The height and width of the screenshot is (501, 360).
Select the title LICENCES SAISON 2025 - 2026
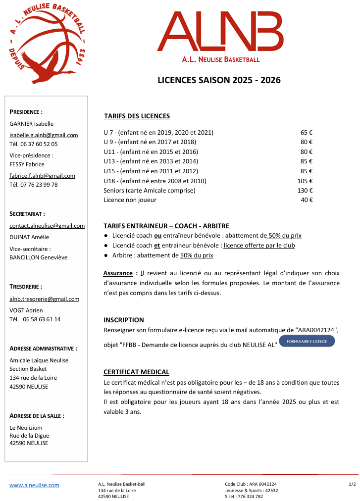click(x=219, y=80)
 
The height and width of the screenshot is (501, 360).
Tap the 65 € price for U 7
click(x=307, y=133)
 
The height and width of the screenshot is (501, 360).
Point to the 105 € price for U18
click(x=305, y=181)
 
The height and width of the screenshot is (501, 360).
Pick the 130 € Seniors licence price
click(x=305, y=191)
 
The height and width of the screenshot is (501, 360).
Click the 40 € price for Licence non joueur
click(x=307, y=200)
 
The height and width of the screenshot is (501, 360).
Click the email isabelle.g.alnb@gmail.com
click(x=44, y=135)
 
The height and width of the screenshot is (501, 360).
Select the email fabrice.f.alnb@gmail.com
click(x=42, y=176)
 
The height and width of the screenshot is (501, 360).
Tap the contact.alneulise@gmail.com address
click(x=47, y=226)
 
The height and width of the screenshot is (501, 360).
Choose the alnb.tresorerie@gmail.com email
click(x=44, y=299)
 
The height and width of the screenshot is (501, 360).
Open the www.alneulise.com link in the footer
click(x=34, y=485)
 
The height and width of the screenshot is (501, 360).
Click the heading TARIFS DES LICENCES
click(x=137, y=116)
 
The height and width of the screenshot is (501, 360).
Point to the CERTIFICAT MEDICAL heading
click(x=136, y=372)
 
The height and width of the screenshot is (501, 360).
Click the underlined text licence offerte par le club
click(x=259, y=246)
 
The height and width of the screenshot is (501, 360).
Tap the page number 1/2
click(x=352, y=484)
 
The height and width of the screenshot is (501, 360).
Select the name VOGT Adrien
click(x=26, y=310)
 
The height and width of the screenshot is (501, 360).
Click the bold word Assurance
click(x=117, y=273)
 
